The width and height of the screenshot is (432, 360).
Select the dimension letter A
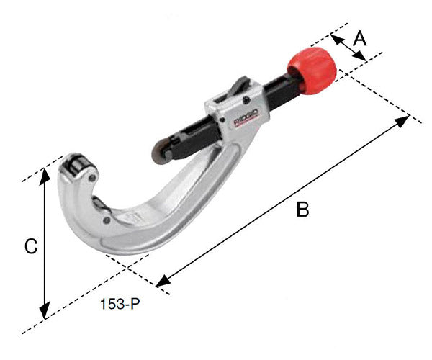tap(360, 37)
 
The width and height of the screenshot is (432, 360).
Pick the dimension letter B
tap(302, 210)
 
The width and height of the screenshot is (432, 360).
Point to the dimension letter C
tap(30, 246)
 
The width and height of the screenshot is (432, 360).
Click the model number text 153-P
tap(121, 304)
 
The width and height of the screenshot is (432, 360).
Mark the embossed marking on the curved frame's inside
tap(130, 216)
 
